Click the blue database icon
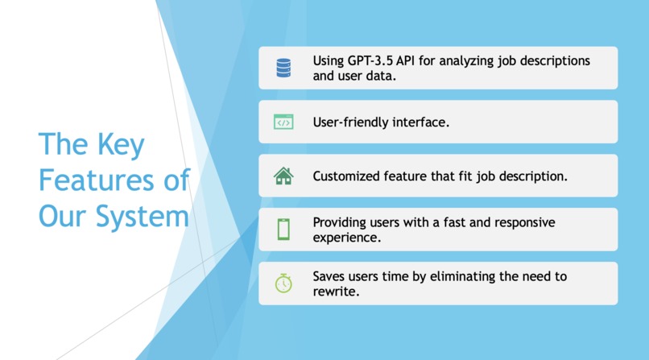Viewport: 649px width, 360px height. click(283, 68)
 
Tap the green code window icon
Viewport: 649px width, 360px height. click(283, 122)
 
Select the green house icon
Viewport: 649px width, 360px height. click(283, 176)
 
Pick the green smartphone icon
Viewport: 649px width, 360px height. click(283, 230)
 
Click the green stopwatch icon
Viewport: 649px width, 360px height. click(283, 283)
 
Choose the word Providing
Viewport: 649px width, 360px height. click(341, 222)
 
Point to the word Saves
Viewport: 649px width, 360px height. click(330, 276)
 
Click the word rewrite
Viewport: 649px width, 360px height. click(334, 292)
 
